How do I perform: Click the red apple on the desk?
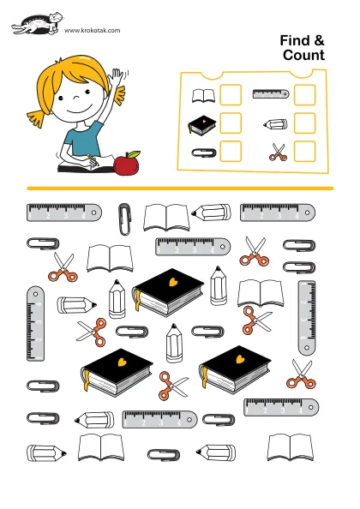[126, 165]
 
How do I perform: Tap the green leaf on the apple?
[134, 154]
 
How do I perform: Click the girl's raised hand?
[117, 78]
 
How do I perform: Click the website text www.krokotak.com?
[93, 31]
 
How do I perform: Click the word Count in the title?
[303, 55]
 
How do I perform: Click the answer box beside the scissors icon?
[304, 152]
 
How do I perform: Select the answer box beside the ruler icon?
[304, 95]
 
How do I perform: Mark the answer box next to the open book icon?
[231, 95]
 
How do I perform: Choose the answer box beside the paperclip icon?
[231, 152]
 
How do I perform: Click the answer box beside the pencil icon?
[304, 123]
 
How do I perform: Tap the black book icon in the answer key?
[202, 124]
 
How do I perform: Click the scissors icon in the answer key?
[278, 153]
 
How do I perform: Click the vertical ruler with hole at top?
[35, 323]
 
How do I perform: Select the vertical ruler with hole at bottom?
[307, 318]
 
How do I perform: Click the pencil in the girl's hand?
[93, 161]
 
